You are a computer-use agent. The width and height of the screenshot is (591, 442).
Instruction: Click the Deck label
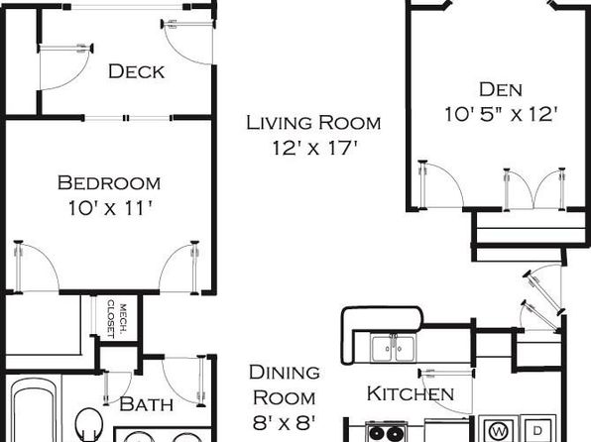point(137,71)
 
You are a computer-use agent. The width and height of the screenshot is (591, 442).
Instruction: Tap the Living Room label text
point(313,123)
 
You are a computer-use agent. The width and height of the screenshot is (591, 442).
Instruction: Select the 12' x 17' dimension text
point(314,148)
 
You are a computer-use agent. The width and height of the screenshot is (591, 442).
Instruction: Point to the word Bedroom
point(109,182)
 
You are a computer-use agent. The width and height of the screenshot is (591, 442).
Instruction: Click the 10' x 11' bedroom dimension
point(110,208)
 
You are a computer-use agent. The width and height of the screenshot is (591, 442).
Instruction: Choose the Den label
point(501,89)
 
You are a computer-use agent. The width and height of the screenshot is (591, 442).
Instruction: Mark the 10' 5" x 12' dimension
point(501,114)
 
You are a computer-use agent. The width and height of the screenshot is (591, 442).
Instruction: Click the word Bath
point(146,404)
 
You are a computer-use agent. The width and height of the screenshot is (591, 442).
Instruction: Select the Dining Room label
point(285,385)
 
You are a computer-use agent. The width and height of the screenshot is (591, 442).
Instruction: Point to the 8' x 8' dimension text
point(284,423)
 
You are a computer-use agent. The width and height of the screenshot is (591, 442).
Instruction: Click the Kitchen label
point(411,393)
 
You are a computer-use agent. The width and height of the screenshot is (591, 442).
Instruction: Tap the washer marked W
point(498,429)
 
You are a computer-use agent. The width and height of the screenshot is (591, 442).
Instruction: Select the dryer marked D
point(538,429)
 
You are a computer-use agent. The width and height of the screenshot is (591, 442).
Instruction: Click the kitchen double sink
point(393,349)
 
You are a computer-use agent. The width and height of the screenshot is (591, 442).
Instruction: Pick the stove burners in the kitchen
point(386,432)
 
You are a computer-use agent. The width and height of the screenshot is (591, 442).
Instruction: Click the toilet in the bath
point(89,424)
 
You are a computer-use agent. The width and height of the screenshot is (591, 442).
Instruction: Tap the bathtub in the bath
point(34,410)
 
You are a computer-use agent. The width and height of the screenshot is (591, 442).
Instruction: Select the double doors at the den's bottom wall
point(534,188)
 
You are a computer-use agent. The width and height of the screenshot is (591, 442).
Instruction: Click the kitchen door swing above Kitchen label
point(446,391)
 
